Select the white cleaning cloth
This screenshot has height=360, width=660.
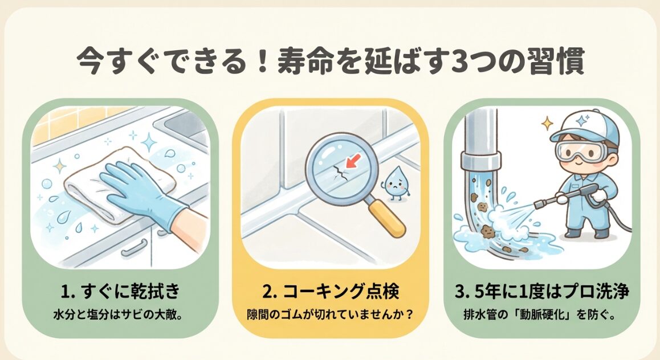pos(103,182)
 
